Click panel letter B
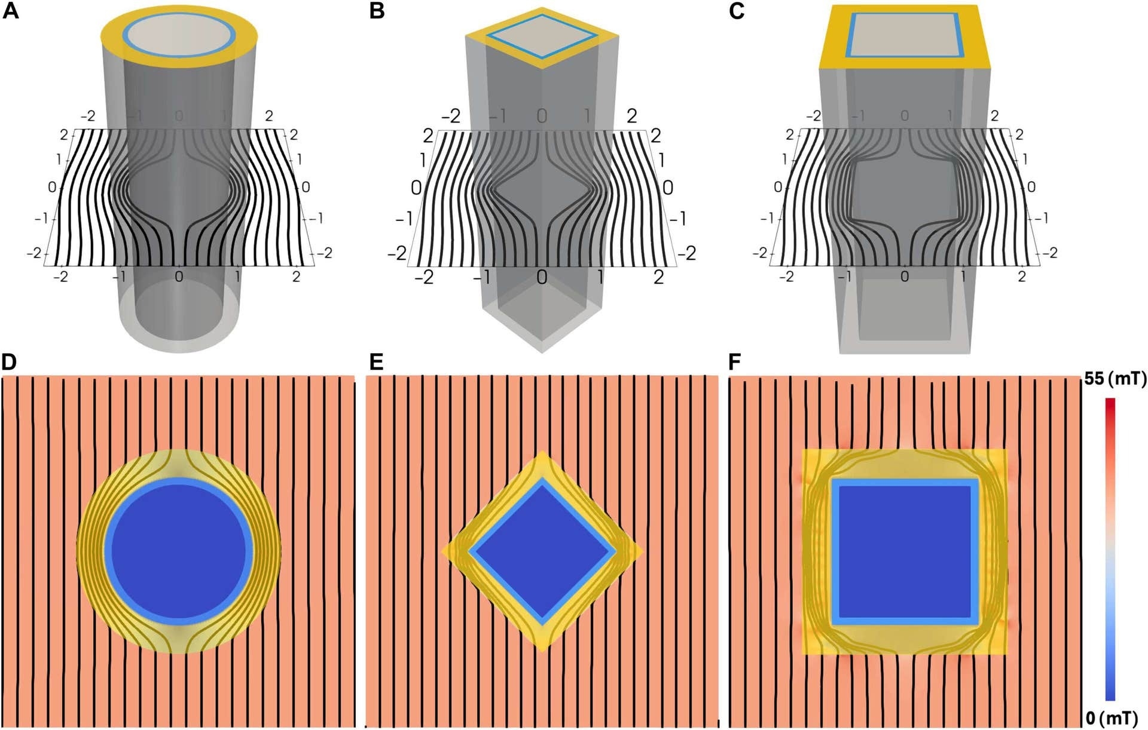[377, 11]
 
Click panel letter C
[737, 11]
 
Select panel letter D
[10, 362]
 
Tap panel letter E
[376, 362]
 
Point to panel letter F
[735, 362]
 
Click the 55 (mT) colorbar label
[1115, 379]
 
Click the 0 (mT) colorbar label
[1115, 718]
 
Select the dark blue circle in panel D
[179, 551]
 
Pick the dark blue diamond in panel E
[542, 551]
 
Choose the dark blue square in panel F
[905, 551]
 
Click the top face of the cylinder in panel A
[178, 35]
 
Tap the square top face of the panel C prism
[904, 36]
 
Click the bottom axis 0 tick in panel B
[542, 277]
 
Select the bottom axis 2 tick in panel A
[296, 277]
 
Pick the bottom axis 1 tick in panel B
[600, 277]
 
